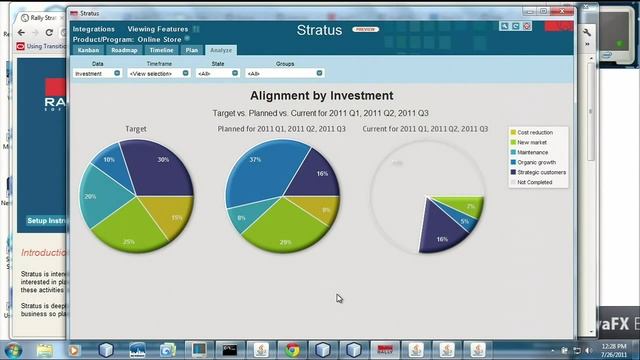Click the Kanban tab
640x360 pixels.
tap(87, 49)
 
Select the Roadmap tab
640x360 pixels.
tap(124, 49)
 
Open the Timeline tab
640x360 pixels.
tap(161, 49)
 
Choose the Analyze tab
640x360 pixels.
tap(221, 49)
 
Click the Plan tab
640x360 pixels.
tap(192, 49)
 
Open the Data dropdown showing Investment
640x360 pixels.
tap(97, 73)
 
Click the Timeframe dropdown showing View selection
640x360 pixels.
tap(158, 73)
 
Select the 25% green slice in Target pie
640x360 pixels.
tap(130, 236)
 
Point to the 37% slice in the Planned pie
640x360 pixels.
tap(253, 170)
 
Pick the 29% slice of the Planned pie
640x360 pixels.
tap(285, 236)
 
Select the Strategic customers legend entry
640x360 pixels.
tap(541, 172)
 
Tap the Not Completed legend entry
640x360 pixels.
tap(536, 182)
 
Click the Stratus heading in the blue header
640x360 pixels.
tap(319, 30)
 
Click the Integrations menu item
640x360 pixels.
tap(94, 29)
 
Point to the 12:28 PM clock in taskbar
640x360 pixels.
tap(606, 345)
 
